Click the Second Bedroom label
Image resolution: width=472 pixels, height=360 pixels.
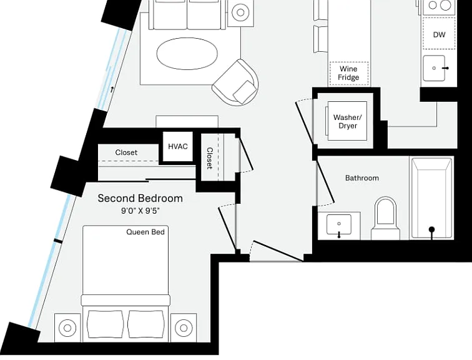[140, 198]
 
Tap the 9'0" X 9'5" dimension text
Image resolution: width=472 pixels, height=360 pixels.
[140, 211]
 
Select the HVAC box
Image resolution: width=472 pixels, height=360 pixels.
[177, 146]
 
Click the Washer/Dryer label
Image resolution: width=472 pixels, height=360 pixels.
[348, 121]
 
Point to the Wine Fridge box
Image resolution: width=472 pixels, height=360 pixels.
[349, 73]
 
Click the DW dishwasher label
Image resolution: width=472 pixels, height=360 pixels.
[439, 34]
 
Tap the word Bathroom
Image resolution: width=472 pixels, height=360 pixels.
[362, 178]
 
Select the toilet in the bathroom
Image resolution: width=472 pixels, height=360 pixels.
[386, 218]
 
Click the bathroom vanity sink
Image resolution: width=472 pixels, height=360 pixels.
[339, 224]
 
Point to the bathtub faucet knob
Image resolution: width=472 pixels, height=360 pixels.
[432, 229]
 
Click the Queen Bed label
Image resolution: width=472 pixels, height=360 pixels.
[145, 232]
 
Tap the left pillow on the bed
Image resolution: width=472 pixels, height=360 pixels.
[105, 324]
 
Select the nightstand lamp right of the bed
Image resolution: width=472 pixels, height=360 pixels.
[184, 327]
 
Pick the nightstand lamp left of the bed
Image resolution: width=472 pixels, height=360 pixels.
[67, 327]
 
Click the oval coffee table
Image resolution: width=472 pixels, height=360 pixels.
[187, 54]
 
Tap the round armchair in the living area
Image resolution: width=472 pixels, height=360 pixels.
[236, 82]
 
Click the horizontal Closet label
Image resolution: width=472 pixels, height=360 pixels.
[126, 152]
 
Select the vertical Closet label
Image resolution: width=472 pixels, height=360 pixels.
[210, 158]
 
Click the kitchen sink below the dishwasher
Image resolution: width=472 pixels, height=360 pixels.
[434, 68]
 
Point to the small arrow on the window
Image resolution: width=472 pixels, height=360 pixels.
[112, 89]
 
